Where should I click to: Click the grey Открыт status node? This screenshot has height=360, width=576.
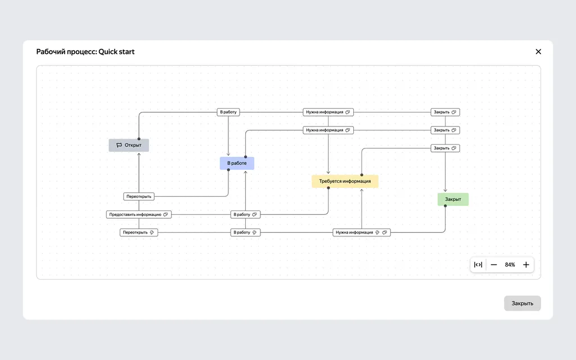click(x=129, y=145)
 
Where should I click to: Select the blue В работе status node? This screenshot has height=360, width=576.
click(x=237, y=163)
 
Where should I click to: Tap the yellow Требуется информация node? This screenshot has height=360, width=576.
click(x=345, y=181)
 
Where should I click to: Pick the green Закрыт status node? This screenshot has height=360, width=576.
click(x=453, y=199)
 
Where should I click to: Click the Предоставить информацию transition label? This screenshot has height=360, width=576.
click(x=138, y=214)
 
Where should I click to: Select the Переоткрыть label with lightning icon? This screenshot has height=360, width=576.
click(x=138, y=232)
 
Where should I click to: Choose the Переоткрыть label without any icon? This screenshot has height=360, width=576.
click(x=139, y=196)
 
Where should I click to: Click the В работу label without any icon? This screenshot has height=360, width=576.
click(x=228, y=112)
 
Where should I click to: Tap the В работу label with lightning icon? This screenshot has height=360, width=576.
click(x=245, y=232)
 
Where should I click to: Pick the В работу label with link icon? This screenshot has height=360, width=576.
click(x=245, y=214)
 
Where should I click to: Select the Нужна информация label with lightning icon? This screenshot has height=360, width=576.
click(x=362, y=232)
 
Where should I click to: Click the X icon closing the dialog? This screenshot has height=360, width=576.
click(x=538, y=52)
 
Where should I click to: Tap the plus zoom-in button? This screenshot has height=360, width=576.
click(x=526, y=265)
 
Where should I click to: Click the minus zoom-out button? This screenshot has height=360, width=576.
click(x=494, y=265)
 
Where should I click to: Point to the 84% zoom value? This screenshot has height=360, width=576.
click(x=510, y=265)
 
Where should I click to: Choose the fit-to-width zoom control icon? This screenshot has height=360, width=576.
click(x=478, y=265)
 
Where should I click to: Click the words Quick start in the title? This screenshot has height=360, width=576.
click(x=116, y=52)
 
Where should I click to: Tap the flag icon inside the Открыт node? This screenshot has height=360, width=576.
click(x=119, y=145)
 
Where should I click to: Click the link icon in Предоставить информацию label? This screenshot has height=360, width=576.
click(x=165, y=214)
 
